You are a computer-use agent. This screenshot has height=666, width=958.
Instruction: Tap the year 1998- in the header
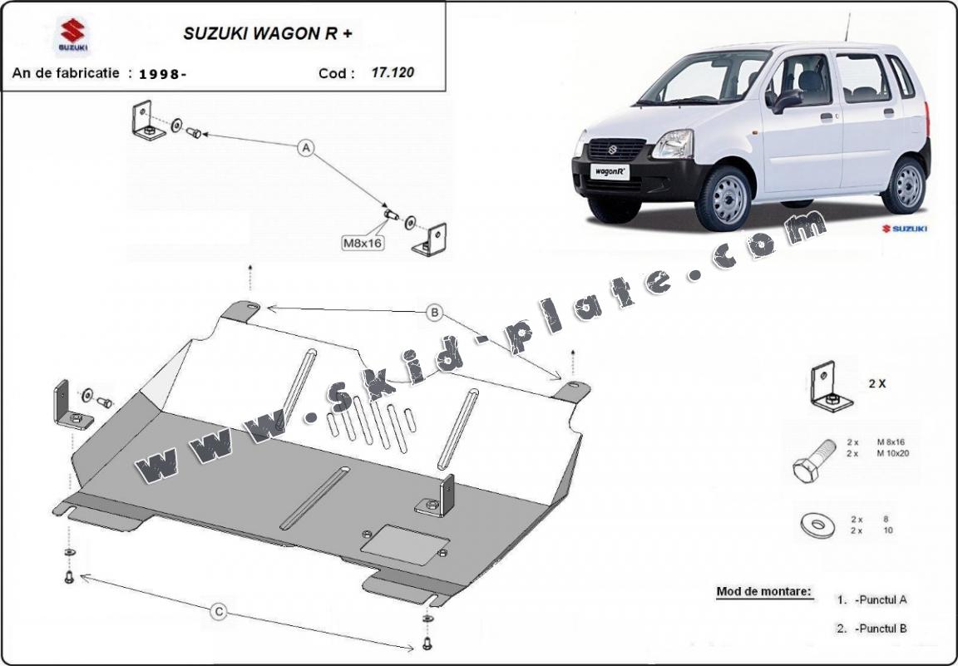(x=162, y=73)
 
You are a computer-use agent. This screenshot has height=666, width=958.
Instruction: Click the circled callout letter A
(x=305, y=148)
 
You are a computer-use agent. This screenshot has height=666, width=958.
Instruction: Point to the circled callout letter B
(x=433, y=313)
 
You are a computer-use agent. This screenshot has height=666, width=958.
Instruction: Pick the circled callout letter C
(x=219, y=612)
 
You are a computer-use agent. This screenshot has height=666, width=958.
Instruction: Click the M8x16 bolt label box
(x=362, y=243)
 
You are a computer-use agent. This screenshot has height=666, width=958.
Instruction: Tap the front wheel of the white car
(x=723, y=197)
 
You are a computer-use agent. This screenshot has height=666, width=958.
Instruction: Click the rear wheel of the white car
(x=906, y=184)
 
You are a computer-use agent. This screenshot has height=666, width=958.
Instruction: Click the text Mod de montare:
(x=763, y=592)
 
